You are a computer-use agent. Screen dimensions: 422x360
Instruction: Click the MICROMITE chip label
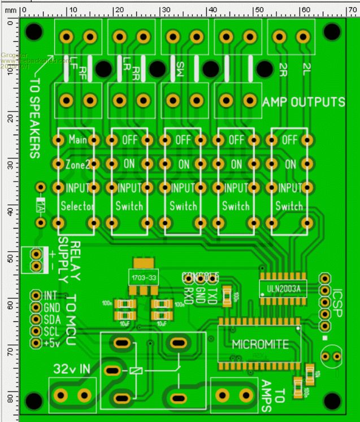261,344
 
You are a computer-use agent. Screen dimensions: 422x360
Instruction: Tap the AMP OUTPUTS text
303,102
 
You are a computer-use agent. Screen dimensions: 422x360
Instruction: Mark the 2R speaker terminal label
284,68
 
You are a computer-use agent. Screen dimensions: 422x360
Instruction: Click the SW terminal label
180,70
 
